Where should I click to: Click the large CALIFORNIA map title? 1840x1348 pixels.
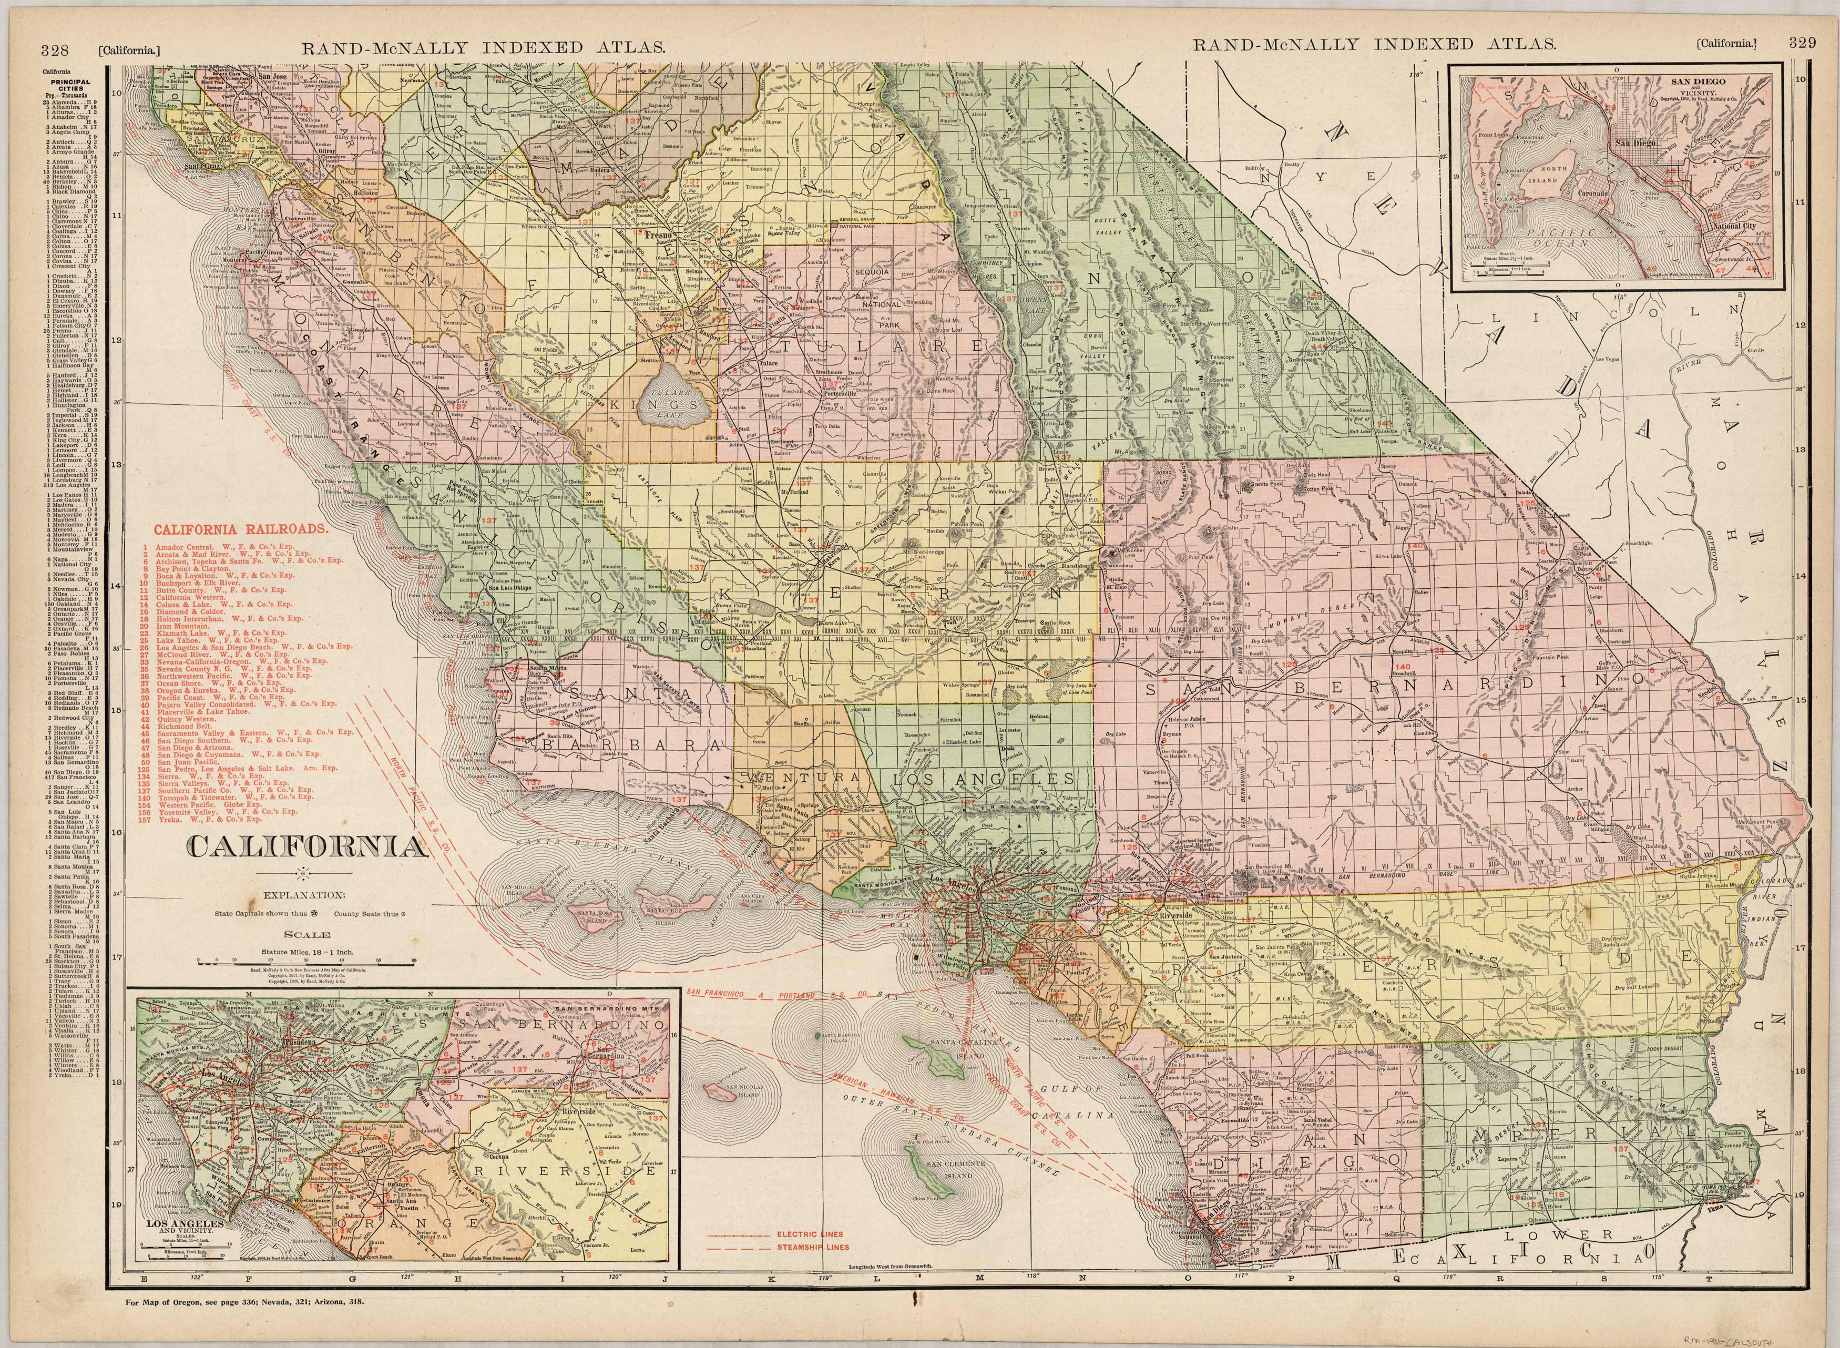click(x=308, y=848)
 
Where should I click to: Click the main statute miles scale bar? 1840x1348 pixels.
click(x=308, y=963)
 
